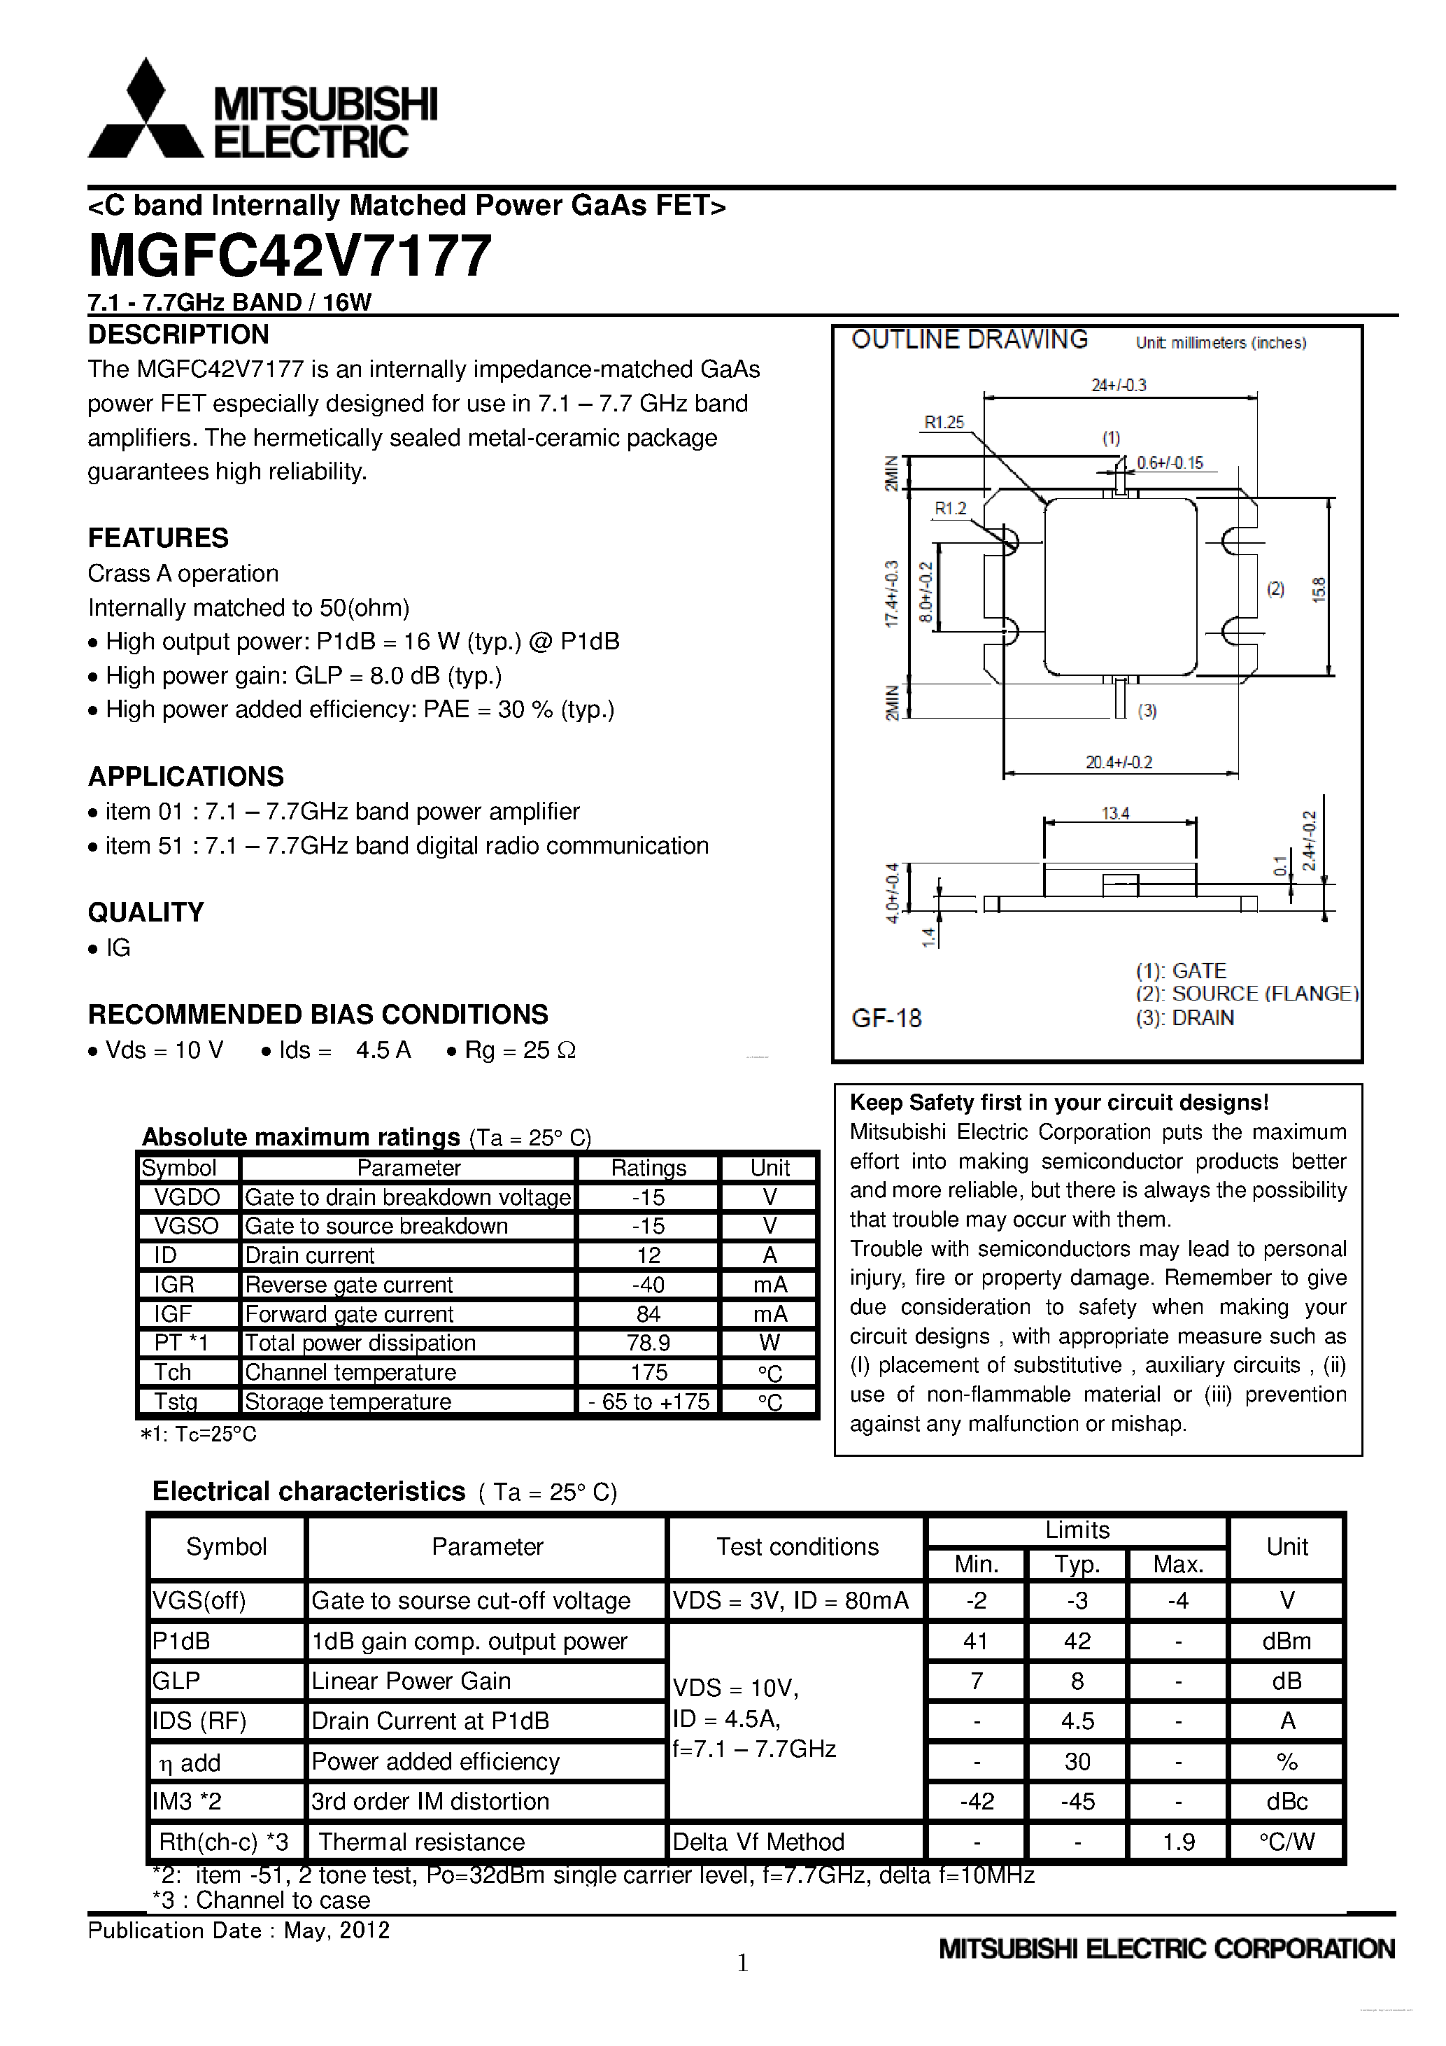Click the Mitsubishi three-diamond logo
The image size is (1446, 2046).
(x=146, y=111)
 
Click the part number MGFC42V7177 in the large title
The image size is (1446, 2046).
(x=290, y=256)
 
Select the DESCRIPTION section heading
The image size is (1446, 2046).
(x=178, y=335)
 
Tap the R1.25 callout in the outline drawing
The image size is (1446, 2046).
(x=944, y=423)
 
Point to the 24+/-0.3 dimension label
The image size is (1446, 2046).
(x=1119, y=385)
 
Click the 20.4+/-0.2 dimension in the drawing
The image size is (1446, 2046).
(x=1119, y=762)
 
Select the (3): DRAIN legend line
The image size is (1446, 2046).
(x=1185, y=1017)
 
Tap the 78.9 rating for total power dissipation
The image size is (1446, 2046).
(x=648, y=1343)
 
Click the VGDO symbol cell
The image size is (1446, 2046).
(x=187, y=1197)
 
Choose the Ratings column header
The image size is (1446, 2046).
(x=648, y=1167)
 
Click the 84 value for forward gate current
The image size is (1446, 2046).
(x=648, y=1313)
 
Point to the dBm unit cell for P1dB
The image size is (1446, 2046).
(x=1286, y=1642)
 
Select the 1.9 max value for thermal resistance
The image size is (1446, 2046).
(x=1178, y=1842)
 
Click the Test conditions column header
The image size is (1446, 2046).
(x=798, y=1547)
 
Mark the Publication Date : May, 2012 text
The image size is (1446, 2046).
(x=239, y=1930)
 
